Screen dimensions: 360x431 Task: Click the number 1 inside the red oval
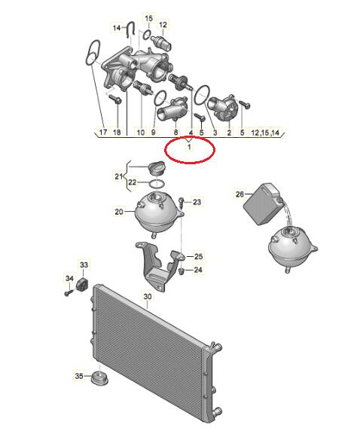[x=189, y=147]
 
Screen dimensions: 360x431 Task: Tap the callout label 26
[x=239, y=194]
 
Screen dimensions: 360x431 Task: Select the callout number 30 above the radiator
[x=148, y=297]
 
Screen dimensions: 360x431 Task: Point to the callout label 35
[x=79, y=375]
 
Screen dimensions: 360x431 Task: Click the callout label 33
[x=84, y=264]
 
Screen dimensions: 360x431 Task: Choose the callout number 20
[x=119, y=212]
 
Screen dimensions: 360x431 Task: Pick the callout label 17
[x=103, y=132]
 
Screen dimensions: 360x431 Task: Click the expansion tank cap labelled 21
[x=156, y=168]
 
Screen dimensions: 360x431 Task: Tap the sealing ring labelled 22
[x=157, y=184]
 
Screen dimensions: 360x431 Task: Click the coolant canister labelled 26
[x=263, y=204]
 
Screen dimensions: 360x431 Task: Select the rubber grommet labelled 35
[x=99, y=378]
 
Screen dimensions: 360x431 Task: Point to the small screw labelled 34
[x=69, y=293]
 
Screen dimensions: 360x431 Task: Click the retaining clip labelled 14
[x=130, y=29]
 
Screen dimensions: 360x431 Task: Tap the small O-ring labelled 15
[x=148, y=35]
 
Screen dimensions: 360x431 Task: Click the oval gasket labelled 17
[x=92, y=53]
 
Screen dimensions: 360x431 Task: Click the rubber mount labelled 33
[x=82, y=283]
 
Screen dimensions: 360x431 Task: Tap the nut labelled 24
[x=181, y=271]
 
